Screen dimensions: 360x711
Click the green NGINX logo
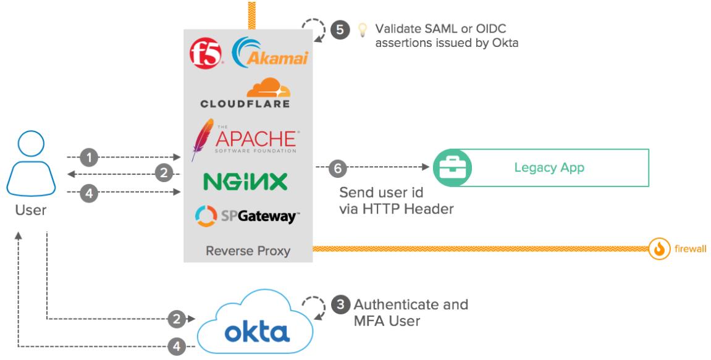tap(245, 182)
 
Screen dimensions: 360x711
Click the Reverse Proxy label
tap(248, 251)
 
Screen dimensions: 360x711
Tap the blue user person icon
tap(30, 164)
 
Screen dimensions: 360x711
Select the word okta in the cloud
tap(257, 333)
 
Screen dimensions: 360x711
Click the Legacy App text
tap(549, 167)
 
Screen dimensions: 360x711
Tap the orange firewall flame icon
tap(660, 249)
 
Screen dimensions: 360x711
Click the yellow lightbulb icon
tap(363, 30)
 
